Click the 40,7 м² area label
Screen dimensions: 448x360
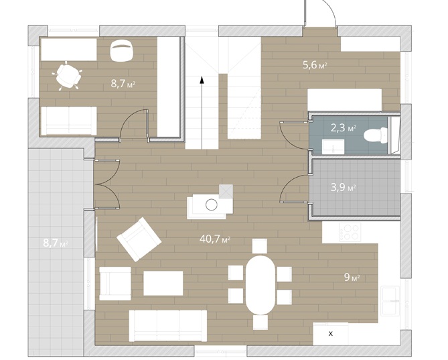click(215, 239)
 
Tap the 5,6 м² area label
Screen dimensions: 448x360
click(315, 65)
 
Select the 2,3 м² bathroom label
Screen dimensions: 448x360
click(343, 128)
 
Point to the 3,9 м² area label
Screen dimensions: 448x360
click(343, 188)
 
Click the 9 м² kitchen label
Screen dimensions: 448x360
click(352, 277)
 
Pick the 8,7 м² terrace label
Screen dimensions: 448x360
click(56, 243)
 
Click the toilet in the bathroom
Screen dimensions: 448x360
click(376, 135)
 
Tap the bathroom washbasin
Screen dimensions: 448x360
click(333, 146)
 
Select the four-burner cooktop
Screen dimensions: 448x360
click(350, 231)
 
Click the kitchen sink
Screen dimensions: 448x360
click(390, 300)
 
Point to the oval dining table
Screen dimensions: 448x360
click(260, 284)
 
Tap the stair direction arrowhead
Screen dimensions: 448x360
click(202, 80)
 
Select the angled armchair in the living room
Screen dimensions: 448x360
click(139, 239)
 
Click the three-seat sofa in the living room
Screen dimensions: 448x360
click(168, 326)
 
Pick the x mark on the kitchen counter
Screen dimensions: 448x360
click(331, 333)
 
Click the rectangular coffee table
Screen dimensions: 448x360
click(163, 283)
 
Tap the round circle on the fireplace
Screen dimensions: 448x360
click(212, 204)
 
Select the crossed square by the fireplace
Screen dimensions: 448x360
click(226, 191)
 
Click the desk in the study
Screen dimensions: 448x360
click(69, 50)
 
